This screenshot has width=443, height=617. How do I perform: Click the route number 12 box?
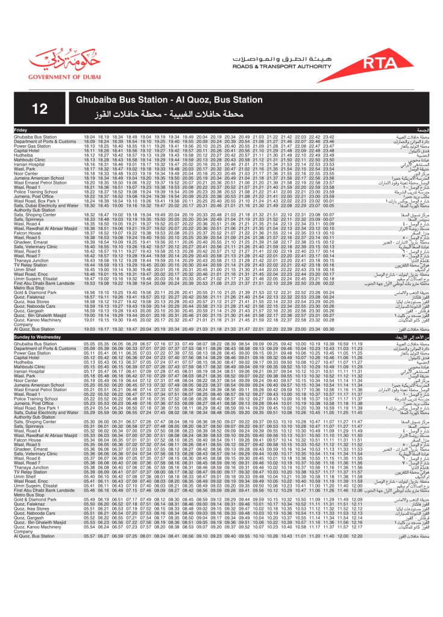tap(40, 109)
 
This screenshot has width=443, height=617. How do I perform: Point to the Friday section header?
tap(20, 130)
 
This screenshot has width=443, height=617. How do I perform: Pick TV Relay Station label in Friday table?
tap(30, 264)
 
